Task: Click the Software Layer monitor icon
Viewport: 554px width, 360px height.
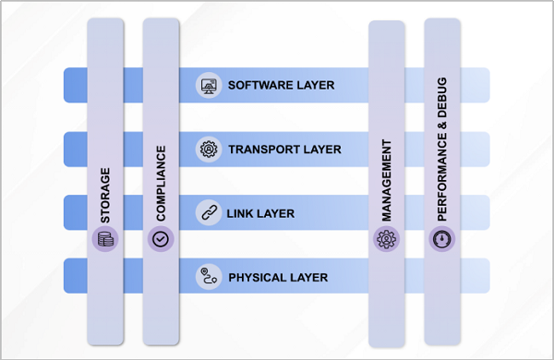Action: click(x=209, y=85)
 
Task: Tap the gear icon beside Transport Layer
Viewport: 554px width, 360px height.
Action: click(x=209, y=149)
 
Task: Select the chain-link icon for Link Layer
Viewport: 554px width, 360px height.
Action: click(x=209, y=213)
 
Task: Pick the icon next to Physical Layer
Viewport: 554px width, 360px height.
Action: click(x=209, y=276)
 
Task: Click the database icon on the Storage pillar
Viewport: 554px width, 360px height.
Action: click(x=105, y=240)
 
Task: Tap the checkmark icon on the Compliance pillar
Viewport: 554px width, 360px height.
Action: click(x=161, y=240)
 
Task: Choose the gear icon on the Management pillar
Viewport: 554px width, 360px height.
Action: click(x=386, y=240)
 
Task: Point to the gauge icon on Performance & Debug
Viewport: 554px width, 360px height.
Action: click(x=442, y=240)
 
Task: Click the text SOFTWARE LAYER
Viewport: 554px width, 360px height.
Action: click(x=281, y=85)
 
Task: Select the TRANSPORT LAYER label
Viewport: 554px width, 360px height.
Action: click(x=284, y=149)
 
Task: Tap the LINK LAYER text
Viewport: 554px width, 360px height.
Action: click(x=260, y=213)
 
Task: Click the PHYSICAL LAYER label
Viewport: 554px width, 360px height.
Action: click(x=278, y=277)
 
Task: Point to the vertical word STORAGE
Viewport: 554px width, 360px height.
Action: click(x=105, y=195)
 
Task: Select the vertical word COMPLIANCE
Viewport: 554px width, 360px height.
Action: click(x=161, y=182)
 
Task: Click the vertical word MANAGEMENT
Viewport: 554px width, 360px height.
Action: click(x=386, y=180)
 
